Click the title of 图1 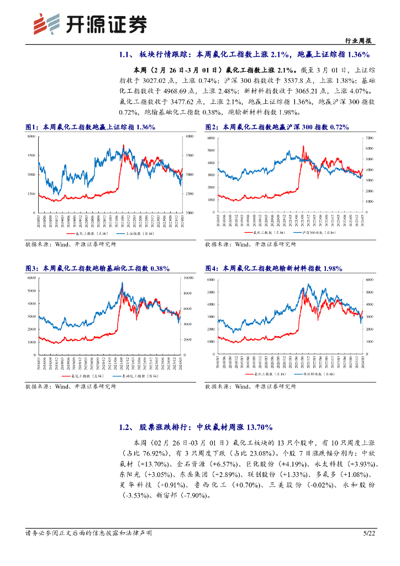(x=90, y=127)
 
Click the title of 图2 (x=277, y=127)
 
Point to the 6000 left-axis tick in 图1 (x=31, y=136)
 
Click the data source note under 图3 (x=71, y=387)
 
